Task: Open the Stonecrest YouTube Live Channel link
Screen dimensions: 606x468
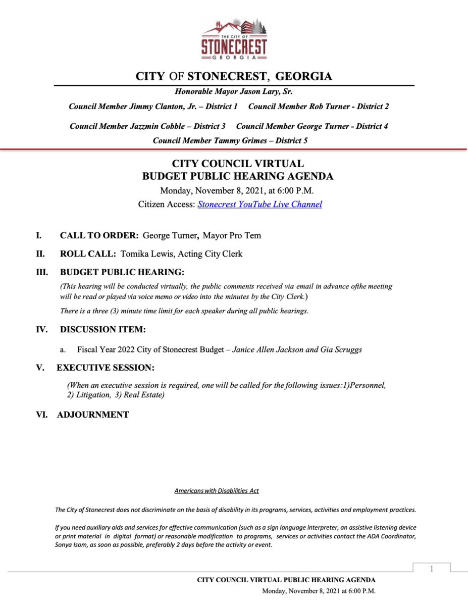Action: (259, 205)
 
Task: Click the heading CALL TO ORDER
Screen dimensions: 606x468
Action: (99, 235)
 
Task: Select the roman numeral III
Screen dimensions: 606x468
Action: (41, 272)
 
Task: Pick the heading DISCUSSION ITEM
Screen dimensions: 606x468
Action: (102, 330)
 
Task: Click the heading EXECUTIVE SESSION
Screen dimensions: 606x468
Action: (106, 367)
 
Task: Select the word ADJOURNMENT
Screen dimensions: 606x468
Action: (93, 415)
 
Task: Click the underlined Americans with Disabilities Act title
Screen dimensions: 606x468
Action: (217, 491)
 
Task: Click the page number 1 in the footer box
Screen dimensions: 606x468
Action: (432, 569)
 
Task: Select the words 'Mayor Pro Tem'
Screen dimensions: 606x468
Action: (232, 235)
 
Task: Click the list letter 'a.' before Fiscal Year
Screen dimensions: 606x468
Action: (63, 349)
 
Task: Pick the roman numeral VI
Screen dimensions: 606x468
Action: (41, 415)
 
